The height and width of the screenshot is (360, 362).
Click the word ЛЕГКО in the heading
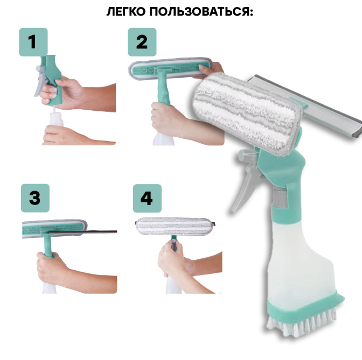(126, 11)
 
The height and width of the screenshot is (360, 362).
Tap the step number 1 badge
(33, 42)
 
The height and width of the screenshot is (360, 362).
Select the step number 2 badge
(142, 42)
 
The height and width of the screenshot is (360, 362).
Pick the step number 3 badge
(35, 198)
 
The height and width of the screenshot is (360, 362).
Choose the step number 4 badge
(147, 198)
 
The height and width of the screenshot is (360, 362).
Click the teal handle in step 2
(163, 88)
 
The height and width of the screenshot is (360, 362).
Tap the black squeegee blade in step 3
(82, 231)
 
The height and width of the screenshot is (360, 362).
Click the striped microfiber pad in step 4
(175, 226)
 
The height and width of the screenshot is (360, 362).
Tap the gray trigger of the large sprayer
(246, 180)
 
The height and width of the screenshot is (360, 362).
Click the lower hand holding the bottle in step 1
(76, 136)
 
